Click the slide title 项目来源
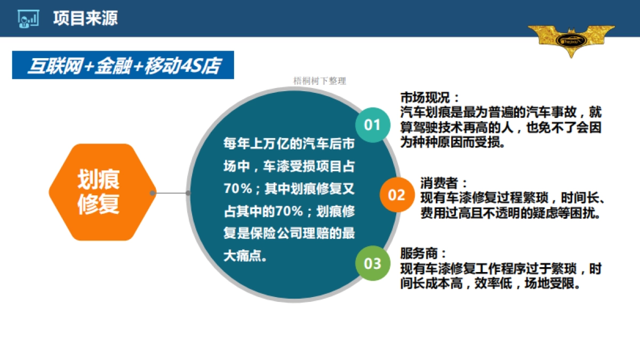pyautogui.click(x=85, y=18)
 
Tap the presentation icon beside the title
pyautogui.click(x=27, y=19)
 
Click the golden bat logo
pyautogui.click(x=571, y=39)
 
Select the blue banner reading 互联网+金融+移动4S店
pyautogui.click(x=123, y=65)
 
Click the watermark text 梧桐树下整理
pyautogui.click(x=319, y=81)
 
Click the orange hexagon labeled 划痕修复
pyautogui.click(x=99, y=192)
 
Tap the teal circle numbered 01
pyautogui.click(x=372, y=125)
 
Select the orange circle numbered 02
pyautogui.click(x=396, y=195)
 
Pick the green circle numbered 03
pyautogui.click(x=372, y=263)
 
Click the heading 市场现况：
pyautogui.click(x=430, y=98)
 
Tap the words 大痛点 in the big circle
pyautogui.click(x=240, y=255)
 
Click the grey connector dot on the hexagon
pyautogui.click(x=153, y=193)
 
